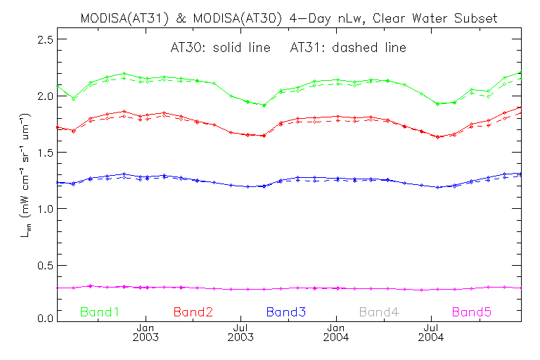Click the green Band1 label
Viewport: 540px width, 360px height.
[x=100, y=311]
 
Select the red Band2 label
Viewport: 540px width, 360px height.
[x=193, y=311]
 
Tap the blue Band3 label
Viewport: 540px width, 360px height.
[x=285, y=311]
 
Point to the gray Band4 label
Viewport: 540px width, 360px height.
[x=379, y=311]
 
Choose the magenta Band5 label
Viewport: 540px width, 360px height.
[x=472, y=311]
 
